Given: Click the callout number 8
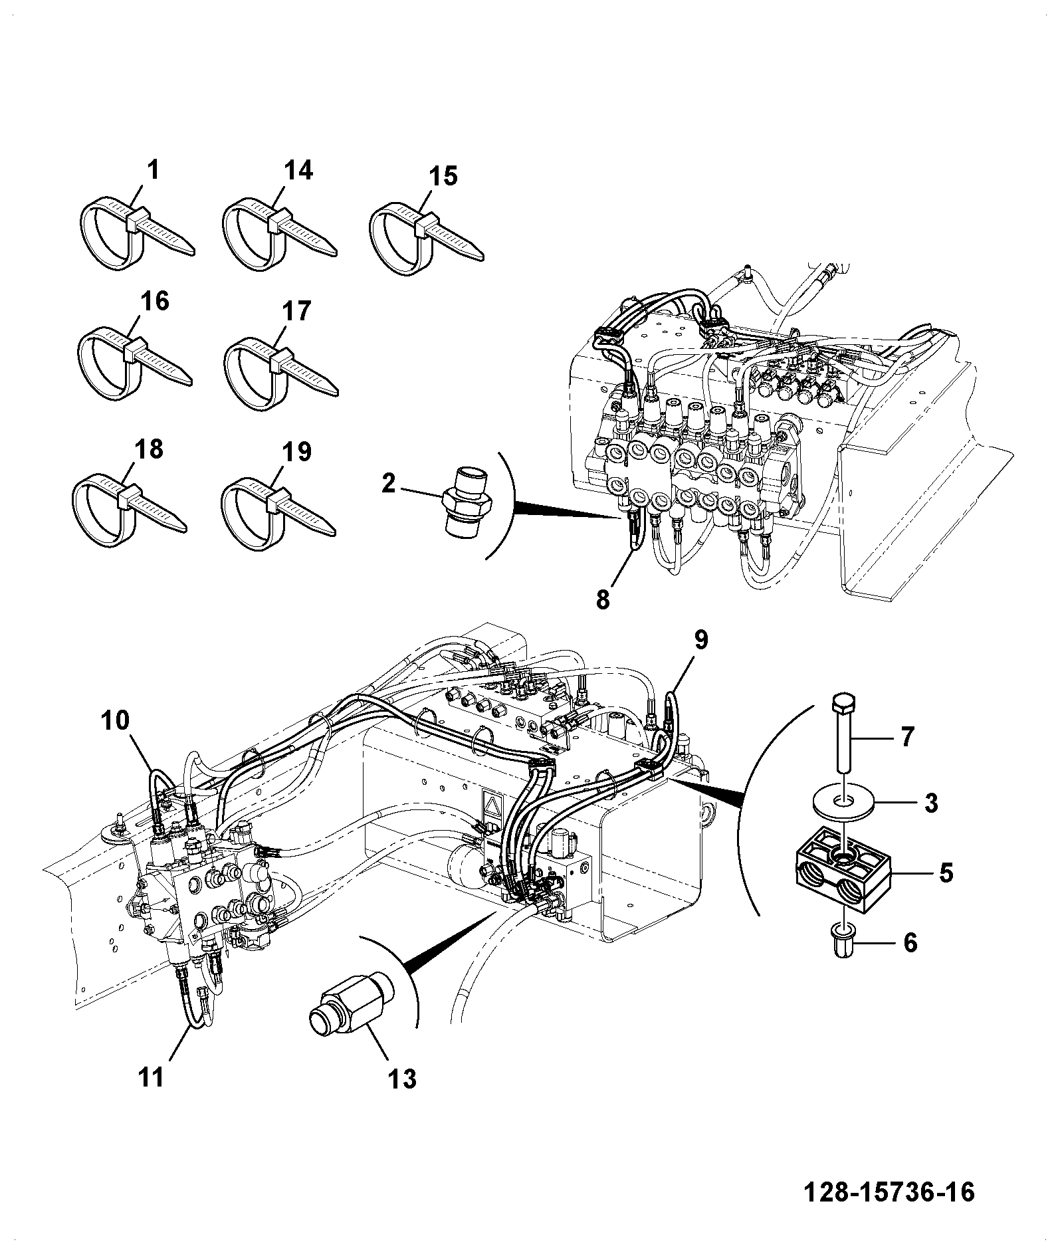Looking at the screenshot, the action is click(x=603, y=599).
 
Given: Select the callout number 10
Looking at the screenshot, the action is click(x=116, y=720).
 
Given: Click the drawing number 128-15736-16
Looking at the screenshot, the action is click(x=890, y=1192).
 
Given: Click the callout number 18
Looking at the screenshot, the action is click(x=148, y=449).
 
